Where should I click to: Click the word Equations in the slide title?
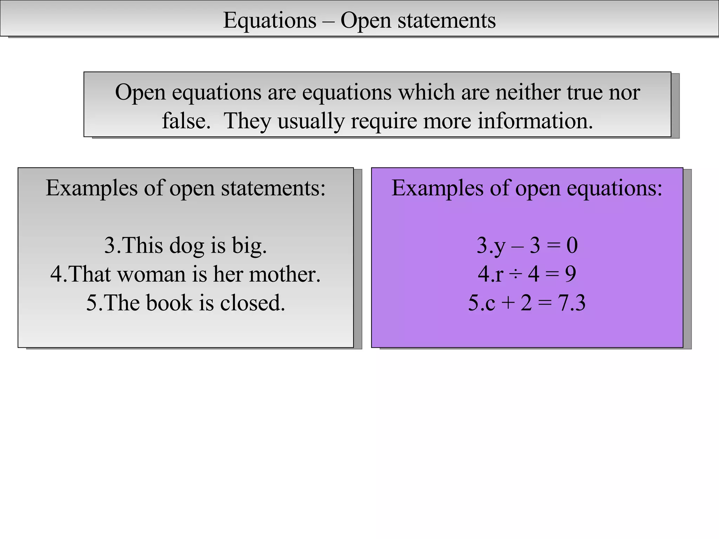(x=270, y=20)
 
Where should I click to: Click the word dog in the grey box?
(x=186, y=246)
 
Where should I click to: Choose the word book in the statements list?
(x=169, y=303)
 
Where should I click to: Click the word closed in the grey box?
(x=252, y=303)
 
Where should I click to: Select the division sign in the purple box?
(x=515, y=275)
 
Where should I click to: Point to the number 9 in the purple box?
(x=570, y=274)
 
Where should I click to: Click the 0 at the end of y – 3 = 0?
(x=572, y=246)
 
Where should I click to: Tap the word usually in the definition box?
(x=311, y=122)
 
